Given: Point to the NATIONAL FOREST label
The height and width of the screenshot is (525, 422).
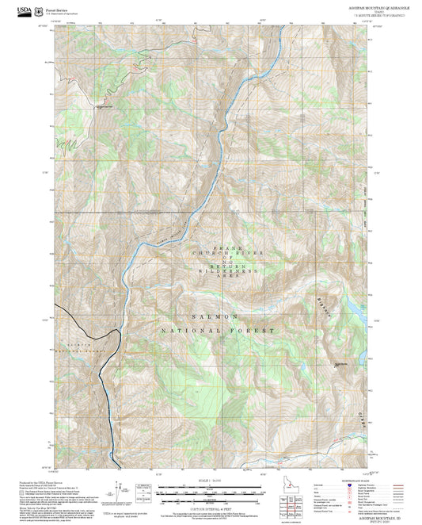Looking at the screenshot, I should coord(218,330).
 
